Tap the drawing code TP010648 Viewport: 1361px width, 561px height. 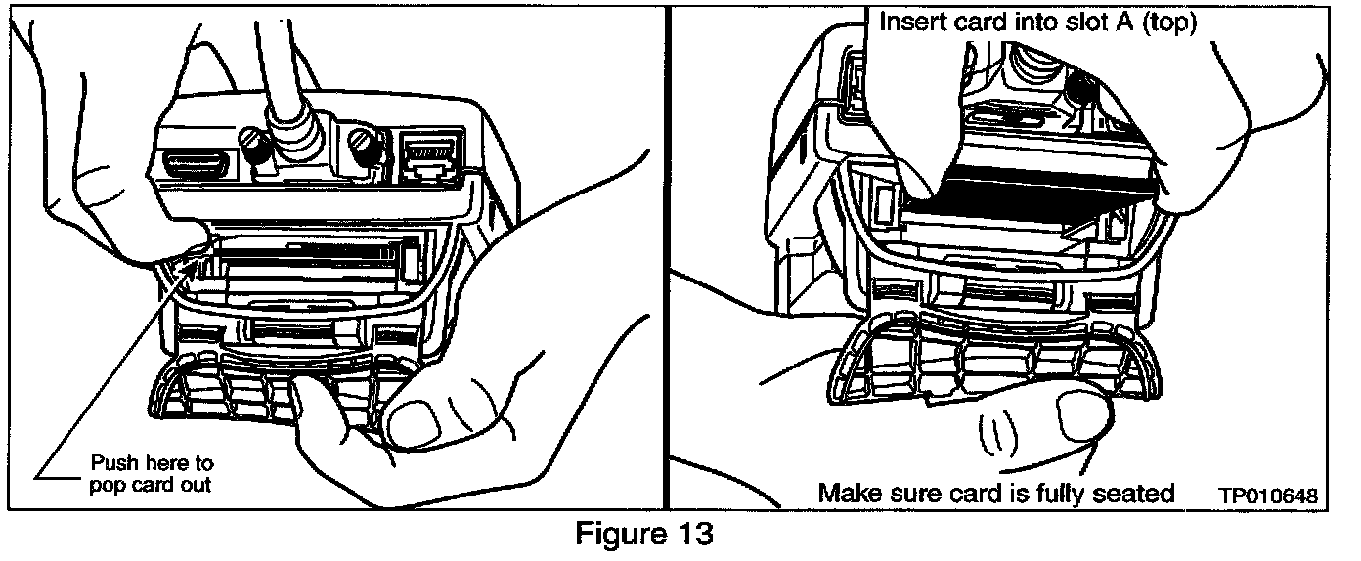[x=1266, y=496]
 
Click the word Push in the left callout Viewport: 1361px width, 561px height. [x=113, y=462]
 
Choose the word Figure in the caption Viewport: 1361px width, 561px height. [x=615, y=536]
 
